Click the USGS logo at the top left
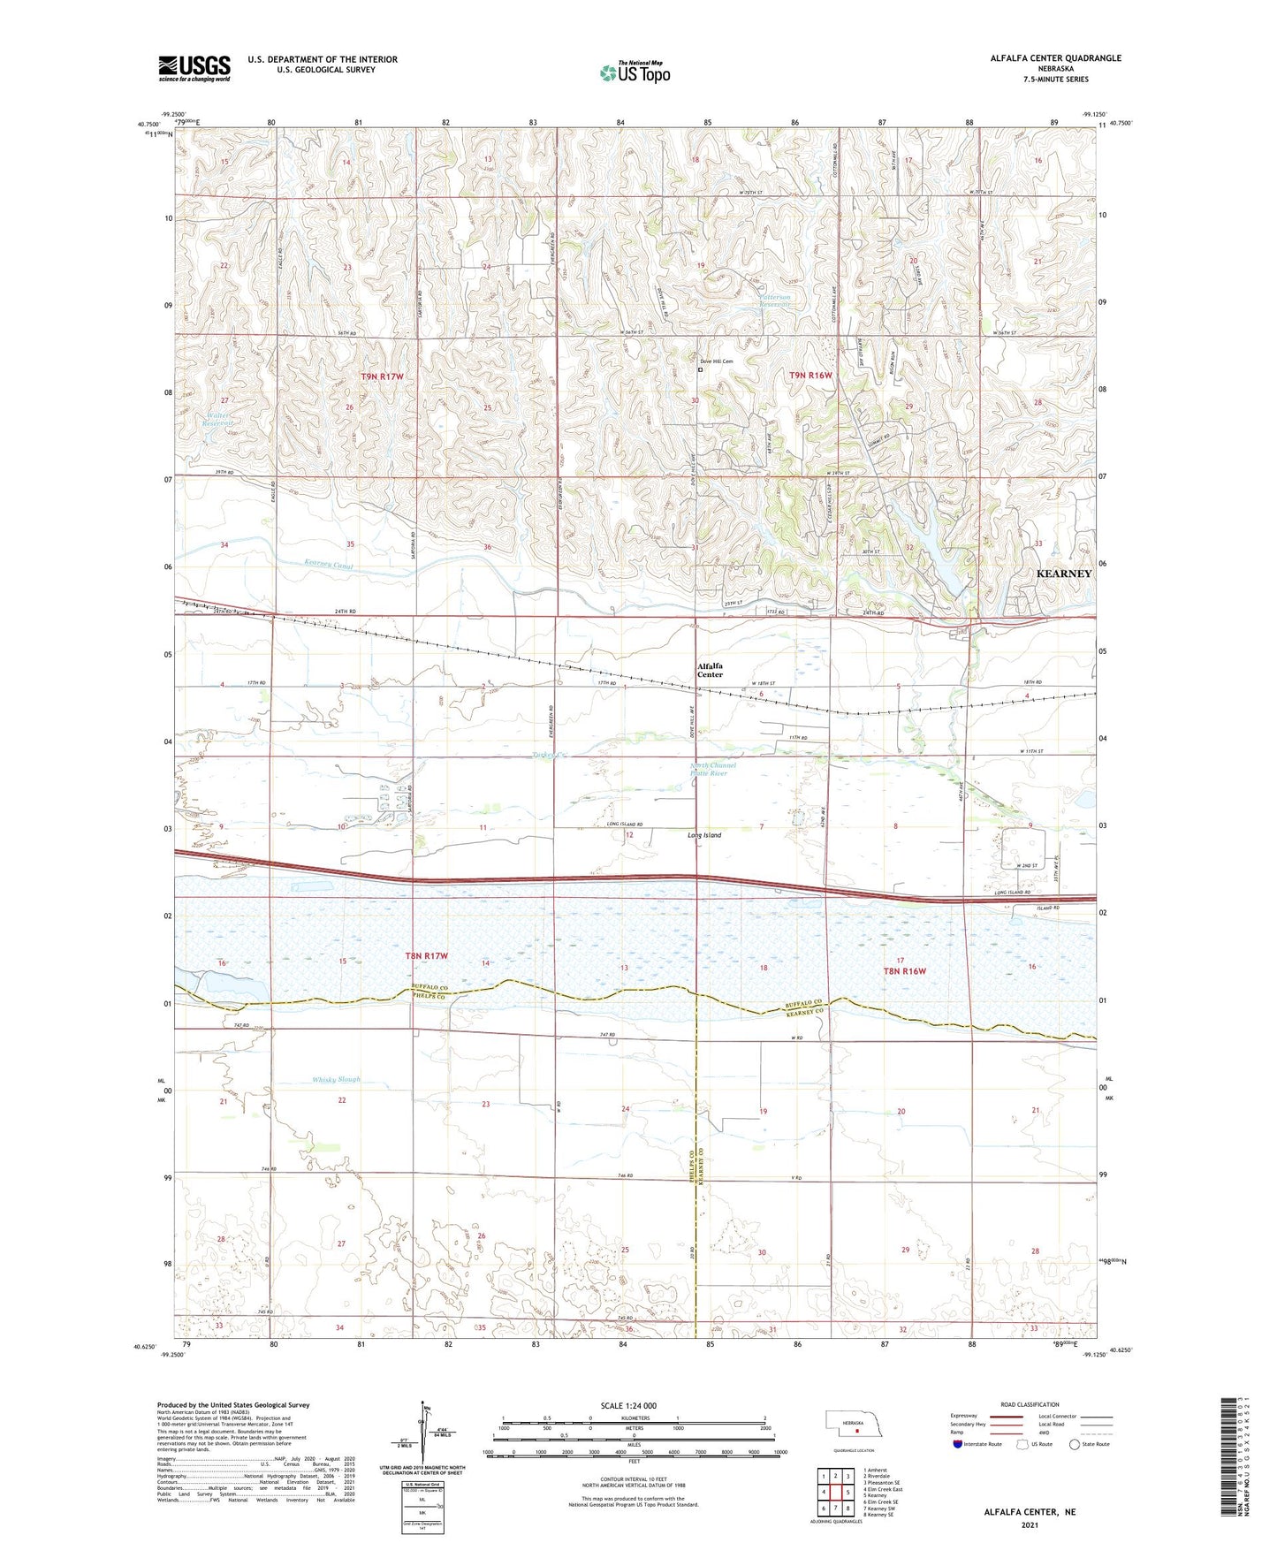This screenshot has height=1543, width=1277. tap(194, 68)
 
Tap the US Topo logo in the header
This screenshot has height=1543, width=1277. tap(634, 72)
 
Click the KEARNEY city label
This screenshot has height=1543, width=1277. tap(1063, 574)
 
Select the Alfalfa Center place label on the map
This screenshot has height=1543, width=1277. tap(710, 670)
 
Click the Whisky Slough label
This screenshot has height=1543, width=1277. tap(336, 1080)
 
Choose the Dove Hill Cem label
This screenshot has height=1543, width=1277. tap(716, 361)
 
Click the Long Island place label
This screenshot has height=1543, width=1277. tap(704, 835)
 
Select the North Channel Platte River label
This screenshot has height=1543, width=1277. tap(711, 770)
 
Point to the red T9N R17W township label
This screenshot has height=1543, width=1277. tap(382, 377)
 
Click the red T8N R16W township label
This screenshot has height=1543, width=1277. tap(905, 971)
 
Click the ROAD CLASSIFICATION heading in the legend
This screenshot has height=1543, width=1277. tap(1030, 1404)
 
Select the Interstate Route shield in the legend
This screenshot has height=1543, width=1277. tap(958, 1445)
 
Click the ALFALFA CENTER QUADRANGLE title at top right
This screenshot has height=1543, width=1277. tap(1055, 58)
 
